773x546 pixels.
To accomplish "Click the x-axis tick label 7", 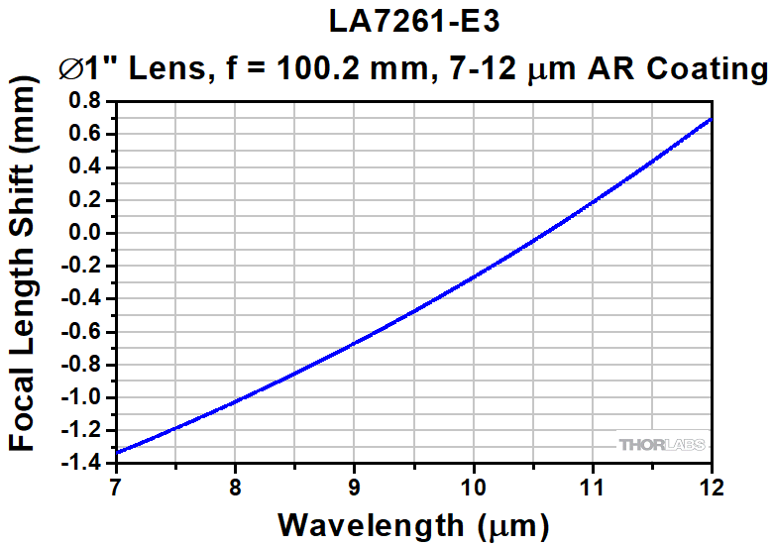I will pos(116,487).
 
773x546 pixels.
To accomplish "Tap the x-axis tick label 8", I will pos(235,487).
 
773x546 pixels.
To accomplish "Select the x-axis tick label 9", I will pos(354,487).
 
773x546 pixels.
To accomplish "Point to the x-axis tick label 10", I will pos(473,487).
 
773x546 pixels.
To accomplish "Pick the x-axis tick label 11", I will pos(592,487).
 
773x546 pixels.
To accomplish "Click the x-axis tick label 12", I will pos(710,487).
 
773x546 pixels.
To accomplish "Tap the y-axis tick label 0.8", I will pos(86,101).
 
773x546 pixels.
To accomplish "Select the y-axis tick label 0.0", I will pos(86,233).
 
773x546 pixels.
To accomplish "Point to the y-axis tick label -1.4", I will pos(82,463).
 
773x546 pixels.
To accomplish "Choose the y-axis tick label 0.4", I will pos(86,166).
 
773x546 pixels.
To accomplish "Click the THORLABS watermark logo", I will pos(661,444).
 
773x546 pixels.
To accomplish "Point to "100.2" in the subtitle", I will pos(315,68).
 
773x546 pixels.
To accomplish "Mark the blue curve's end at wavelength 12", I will pos(710,119).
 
